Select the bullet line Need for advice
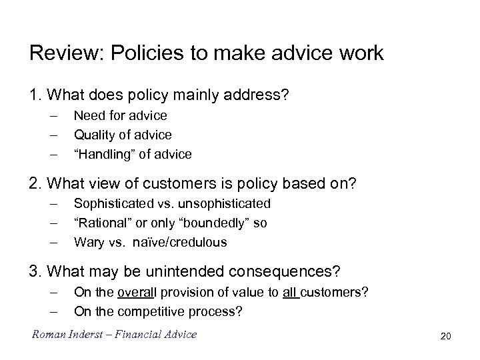click(x=121, y=116)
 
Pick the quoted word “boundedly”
click(x=216, y=223)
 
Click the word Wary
click(x=89, y=242)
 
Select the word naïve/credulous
click(x=180, y=242)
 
